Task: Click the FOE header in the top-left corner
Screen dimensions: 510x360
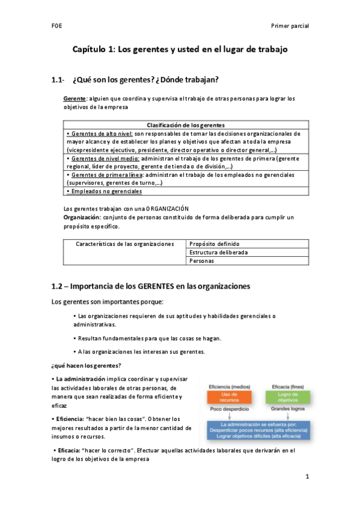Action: point(55,26)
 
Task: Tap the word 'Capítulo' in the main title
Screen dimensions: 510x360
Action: point(90,51)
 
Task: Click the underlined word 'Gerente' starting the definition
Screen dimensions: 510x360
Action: point(75,98)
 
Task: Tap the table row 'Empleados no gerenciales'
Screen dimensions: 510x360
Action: point(105,191)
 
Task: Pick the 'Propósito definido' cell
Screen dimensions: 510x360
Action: point(215,244)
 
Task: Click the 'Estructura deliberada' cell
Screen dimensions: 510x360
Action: point(218,253)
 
